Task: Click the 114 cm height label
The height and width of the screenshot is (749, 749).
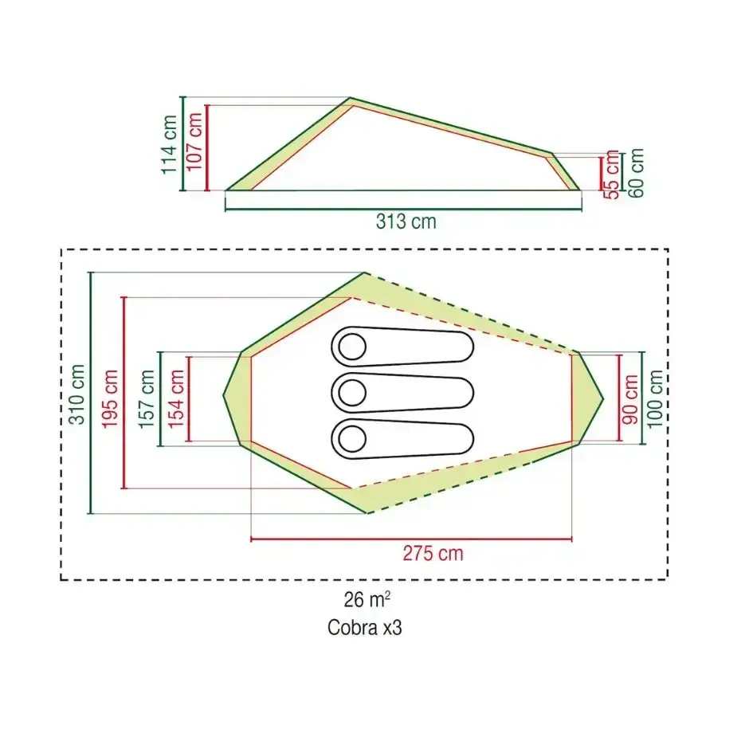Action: point(169,145)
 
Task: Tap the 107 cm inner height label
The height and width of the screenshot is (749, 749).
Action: point(194,142)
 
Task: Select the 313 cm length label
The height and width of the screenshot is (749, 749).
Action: point(406,222)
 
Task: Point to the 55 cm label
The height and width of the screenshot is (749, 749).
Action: point(611,175)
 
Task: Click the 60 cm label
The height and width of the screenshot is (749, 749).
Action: point(637,173)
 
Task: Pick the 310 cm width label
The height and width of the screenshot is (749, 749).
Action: point(77,394)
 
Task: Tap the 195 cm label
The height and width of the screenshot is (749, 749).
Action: point(110,399)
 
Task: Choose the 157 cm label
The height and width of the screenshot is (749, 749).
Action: point(147,399)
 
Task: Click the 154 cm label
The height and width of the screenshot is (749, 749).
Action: point(176,399)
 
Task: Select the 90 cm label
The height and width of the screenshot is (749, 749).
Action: point(630,399)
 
